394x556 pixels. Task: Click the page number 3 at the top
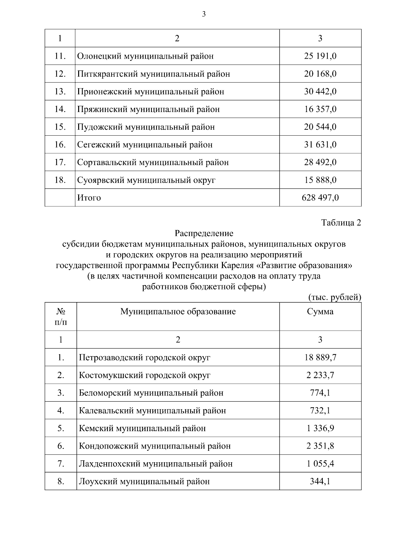click(x=204, y=14)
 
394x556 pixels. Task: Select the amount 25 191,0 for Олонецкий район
click(x=320, y=56)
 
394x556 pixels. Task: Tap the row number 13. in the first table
click(x=60, y=91)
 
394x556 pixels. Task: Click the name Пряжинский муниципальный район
click(x=148, y=109)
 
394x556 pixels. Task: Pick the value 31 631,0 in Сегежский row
click(x=320, y=144)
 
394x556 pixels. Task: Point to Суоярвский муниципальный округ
click(x=146, y=180)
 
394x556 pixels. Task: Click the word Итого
click(x=89, y=198)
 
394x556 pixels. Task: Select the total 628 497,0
click(x=320, y=198)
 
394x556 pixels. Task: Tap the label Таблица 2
click(x=341, y=223)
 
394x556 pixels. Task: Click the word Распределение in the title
click(x=204, y=233)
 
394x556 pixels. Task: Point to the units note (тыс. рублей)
click(x=335, y=297)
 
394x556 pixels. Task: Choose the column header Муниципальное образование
click(x=178, y=311)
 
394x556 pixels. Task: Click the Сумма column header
click(x=320, y=311)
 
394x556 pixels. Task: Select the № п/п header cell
click(x=61, y=316)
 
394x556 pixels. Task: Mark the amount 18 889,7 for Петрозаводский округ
click(x=320, y=357)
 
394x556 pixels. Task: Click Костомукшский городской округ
click(x=144, y=375)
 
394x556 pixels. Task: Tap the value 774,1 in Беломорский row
click(x=320, y=393)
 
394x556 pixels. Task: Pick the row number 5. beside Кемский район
click(x=61, y=428)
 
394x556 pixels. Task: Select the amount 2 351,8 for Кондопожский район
click(x=320, y=446)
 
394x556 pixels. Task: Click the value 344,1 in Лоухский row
click(x=320, y=481)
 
